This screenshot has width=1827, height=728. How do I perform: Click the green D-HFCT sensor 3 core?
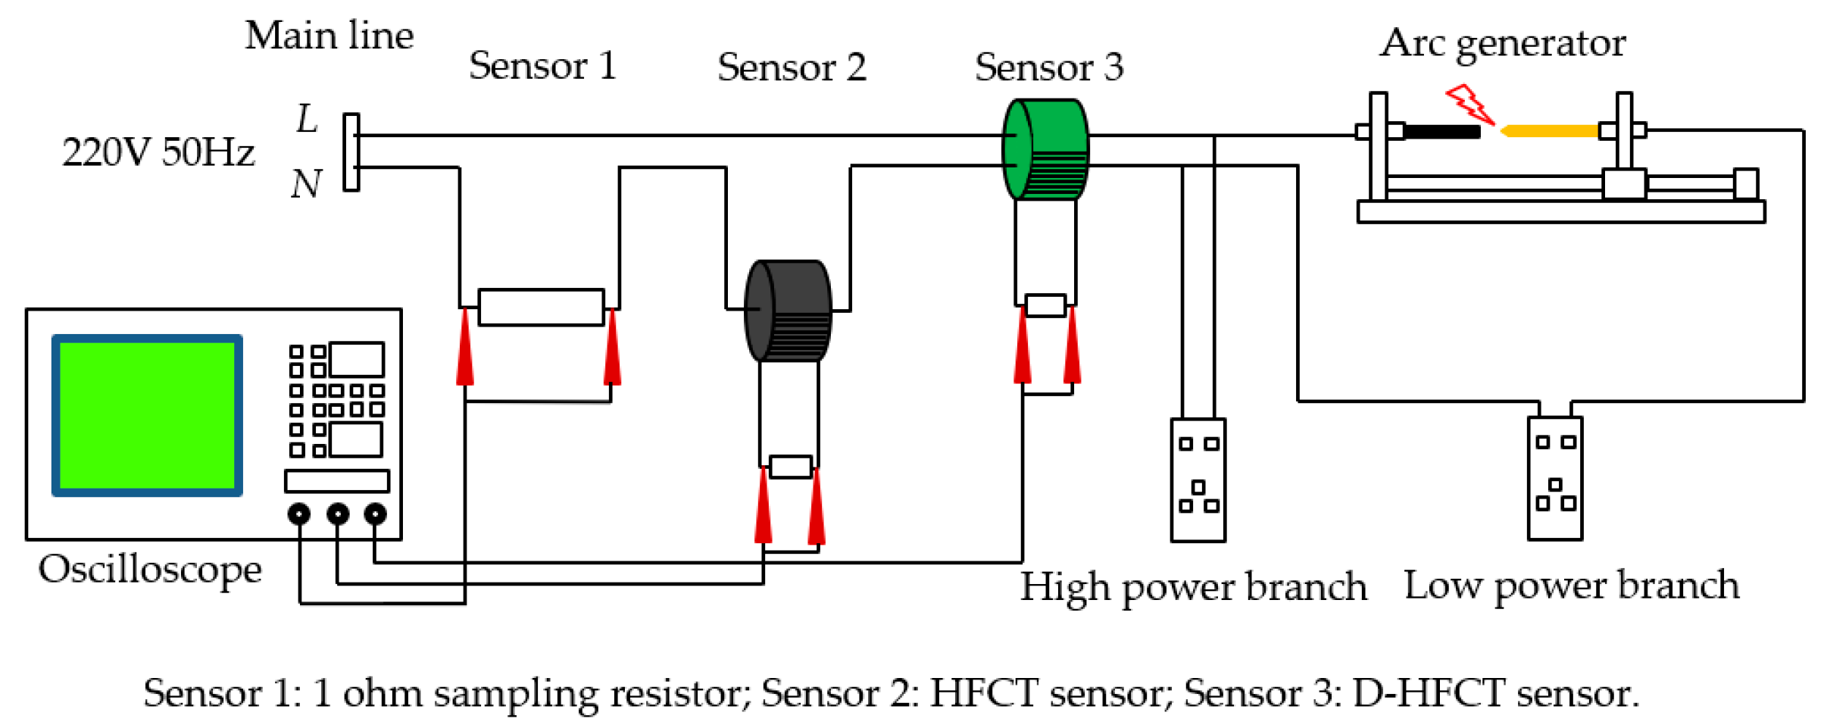pyautogui.click(x=1045, y=149)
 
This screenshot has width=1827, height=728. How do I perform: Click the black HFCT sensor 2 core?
pyautogui.click(x=788, y=311)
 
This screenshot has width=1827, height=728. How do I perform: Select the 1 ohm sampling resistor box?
pyautogui.click(x=541, y=308)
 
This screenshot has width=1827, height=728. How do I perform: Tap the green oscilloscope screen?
pyautogui.click(x=147, y=415)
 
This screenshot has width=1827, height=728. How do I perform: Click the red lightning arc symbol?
pyautogui.click(x=1469, y=105)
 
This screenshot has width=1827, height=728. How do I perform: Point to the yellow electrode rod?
pyautogui.click(x=1550, y=131)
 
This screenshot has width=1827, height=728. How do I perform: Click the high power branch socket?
pyautogui.click(x=1198, y=480)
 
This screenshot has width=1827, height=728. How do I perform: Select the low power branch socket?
pyautogui.click(x=1554, y=478)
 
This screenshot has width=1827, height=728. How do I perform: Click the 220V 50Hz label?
pyautogui.click(x=158, y=152)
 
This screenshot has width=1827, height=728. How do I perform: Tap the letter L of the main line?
pyautogui.click(x=307, y=119)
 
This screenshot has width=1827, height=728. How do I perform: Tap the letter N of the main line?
pyautogui.click(x=306, y=184)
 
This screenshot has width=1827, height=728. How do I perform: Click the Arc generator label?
pyautogui.click(x=1502, y=43)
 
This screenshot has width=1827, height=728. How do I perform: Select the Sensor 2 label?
pyautogui.click(x=792, y=67)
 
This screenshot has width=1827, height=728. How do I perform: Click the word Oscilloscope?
pyautogui.click(x=150, y=570)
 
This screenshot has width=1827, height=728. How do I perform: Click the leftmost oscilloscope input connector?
pyautogui.click(x=299, y=514)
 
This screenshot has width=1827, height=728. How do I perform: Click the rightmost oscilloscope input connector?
pyautogui.click(x=375, y=514)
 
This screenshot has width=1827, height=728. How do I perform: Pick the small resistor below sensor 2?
pyautogui.click(x=790, y=467)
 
